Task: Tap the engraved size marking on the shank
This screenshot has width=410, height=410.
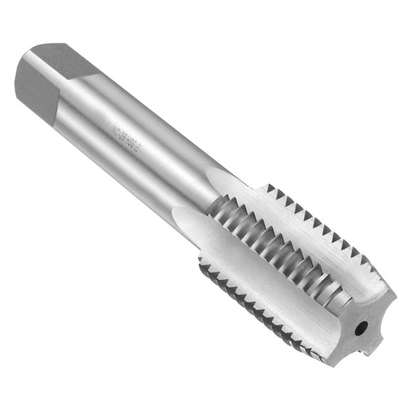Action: [135, 135]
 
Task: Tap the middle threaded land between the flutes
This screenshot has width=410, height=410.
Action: [285, 249]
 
